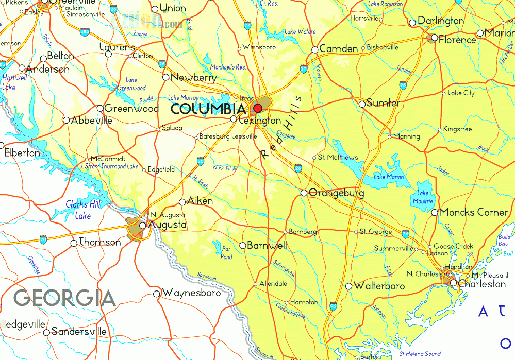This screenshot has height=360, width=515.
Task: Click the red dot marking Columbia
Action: [x=258, y=109]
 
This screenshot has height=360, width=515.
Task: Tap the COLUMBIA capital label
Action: [x=208, y=109]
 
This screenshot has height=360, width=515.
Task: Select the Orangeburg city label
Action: [x=336, y=194]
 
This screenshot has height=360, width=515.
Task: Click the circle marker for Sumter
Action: [x=362, y=104]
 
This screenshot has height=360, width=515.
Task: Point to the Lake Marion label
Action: [x=389, y=177]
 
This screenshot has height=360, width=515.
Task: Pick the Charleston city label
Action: [x=482, y=284]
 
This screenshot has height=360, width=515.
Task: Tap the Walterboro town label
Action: [x=379, y=286]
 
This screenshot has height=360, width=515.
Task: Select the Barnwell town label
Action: [x=267, y=246]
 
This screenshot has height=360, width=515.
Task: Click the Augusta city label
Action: [x=167, y=225]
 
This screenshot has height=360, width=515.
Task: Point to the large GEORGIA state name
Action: [x=64, y=298]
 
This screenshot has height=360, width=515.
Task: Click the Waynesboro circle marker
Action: [x=157, y=294]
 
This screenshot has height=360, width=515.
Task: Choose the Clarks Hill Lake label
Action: [x=83, y=210]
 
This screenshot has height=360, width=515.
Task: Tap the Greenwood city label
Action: [x=131, y=109]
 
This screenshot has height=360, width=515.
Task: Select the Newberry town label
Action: [x=193, y=78]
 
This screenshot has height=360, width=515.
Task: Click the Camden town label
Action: [x=339, y=49]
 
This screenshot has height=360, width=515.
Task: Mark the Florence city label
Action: [x=457, y=40]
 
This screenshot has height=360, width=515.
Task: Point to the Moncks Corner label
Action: [x=474, y=212]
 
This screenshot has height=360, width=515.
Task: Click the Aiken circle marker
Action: [x=182, y=202]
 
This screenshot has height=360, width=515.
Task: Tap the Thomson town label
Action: [x=99, y=242]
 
